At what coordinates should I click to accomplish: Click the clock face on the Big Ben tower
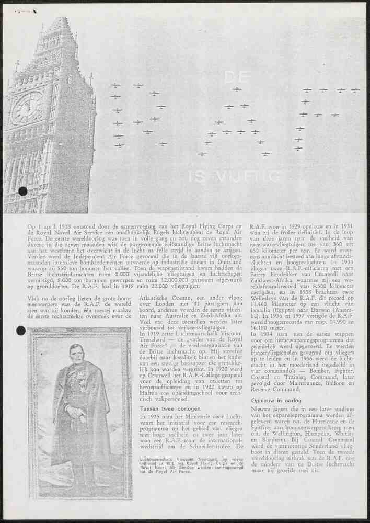coord(27,107)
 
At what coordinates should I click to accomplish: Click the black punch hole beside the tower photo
coord(22,191)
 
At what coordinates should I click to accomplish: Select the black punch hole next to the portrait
coord(21,330)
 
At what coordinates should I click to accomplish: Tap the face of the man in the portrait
coord(76,354)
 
